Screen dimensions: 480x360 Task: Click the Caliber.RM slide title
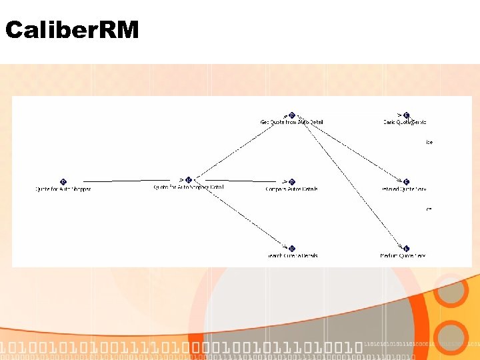(72, 30)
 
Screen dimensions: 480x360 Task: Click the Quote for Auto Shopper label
(63, 189)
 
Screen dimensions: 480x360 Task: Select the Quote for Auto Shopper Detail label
(189, 187)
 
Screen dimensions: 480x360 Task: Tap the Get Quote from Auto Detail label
(291, 122)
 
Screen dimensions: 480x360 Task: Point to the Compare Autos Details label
(291, 189)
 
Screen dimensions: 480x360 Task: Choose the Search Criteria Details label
(291, 256)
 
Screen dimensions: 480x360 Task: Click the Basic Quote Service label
(405, 122)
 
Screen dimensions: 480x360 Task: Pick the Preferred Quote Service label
(405, 189)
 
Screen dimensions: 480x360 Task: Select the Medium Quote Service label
(403, 256)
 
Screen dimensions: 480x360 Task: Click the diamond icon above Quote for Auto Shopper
(63, 181)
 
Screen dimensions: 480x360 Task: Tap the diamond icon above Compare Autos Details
(292, 181)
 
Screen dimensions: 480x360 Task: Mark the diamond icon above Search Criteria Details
(292, 249)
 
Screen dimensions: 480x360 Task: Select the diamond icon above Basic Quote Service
(406, 115)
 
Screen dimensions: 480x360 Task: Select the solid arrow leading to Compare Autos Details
(240, 181)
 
